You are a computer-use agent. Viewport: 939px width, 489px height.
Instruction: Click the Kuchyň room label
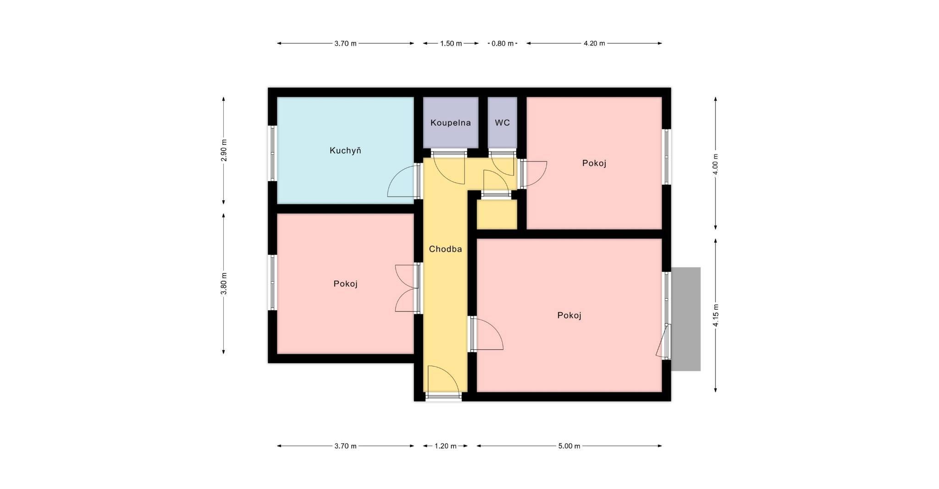[345, 150]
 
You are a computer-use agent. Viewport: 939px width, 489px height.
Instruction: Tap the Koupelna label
[451, 123]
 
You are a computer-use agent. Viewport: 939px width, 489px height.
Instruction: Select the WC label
[503, 123]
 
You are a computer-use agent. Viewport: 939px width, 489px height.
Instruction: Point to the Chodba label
[445, 249]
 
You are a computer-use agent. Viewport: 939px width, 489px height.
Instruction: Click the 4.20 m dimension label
[594, 44]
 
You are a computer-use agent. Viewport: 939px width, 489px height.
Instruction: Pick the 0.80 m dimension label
[503, 44]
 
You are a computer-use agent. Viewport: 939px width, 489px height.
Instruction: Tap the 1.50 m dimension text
[451, 44]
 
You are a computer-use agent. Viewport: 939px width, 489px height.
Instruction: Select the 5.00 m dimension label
[569, 446]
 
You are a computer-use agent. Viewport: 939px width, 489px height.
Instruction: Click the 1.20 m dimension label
[445, 446]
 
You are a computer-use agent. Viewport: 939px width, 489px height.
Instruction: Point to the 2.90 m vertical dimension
[224, 150]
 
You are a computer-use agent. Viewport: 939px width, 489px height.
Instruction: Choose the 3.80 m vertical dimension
[224, 284]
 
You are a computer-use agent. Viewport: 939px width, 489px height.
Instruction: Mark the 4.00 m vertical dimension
[716, 163]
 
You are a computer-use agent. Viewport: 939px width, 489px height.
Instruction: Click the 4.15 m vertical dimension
[716, 315]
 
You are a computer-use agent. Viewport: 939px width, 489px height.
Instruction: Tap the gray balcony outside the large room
[686, 319]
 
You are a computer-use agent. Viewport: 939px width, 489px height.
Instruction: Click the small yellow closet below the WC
[497, 214]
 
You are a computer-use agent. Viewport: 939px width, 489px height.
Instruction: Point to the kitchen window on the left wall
[273, 153]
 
